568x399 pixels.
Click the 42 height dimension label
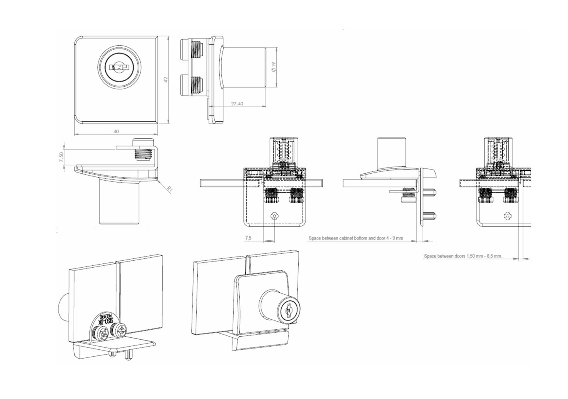tap(166, 79)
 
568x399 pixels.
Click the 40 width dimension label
tap(116, 131)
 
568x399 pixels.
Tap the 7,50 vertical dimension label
tap(61, 157)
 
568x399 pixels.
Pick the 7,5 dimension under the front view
tap(248, 238)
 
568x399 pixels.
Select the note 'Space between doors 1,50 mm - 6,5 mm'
tap(463, 256)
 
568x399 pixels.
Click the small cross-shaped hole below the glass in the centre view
tap(274, 216)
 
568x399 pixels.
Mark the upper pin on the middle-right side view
tap(431, 191)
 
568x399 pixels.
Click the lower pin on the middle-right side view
tap(431, 217)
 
